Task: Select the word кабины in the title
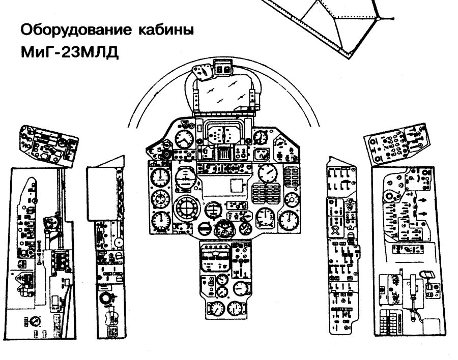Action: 165,29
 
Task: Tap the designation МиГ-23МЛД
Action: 70,52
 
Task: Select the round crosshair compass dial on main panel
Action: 186,209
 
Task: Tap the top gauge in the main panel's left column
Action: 160,177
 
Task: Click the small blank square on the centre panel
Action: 237,185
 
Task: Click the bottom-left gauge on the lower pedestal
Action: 217,310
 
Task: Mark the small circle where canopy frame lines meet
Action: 378,19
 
